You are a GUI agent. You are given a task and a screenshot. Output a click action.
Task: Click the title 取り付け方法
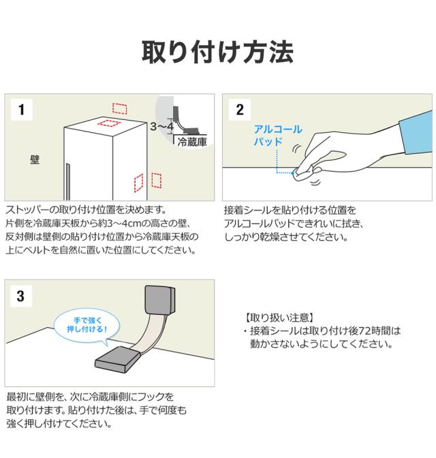point(217,52)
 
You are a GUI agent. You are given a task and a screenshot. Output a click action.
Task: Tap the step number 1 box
point(21,110)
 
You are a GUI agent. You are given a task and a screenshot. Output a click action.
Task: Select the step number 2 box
point(240,110)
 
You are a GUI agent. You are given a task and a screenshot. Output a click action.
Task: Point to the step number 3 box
point(21,296)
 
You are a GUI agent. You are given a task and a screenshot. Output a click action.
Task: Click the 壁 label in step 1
point(35,159)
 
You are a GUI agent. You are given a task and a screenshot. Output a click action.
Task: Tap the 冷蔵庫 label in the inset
point(192,142)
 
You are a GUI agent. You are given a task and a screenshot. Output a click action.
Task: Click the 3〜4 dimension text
point(162,127)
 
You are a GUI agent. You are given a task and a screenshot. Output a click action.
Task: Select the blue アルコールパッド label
point(278,135)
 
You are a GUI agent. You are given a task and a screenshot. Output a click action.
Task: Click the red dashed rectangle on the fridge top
point(108,123)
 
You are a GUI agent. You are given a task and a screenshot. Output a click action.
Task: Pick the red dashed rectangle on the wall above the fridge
point(120,108)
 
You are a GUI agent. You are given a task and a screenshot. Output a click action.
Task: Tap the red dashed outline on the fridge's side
point(139,183)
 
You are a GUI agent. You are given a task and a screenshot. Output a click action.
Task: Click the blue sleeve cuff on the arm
point(417,132)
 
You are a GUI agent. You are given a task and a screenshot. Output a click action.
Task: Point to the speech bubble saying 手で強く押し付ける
point(87,325)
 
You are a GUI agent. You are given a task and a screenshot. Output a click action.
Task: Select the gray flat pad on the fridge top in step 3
point(118,360)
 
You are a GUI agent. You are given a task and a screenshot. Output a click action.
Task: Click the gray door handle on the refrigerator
point(68,181)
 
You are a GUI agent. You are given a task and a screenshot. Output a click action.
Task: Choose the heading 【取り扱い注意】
point(279,318)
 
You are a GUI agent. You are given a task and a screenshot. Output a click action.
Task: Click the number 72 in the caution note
point(364,331)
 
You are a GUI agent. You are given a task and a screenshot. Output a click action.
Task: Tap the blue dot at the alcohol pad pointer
point(293,173)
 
